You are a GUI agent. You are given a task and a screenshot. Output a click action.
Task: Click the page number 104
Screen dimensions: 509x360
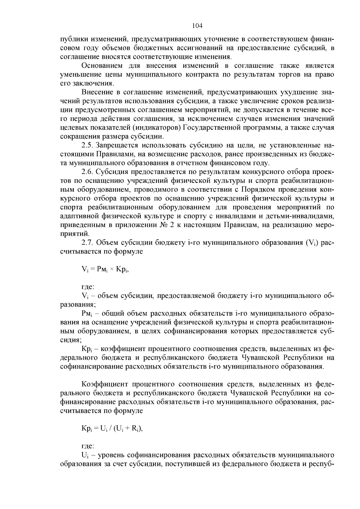[197, 26]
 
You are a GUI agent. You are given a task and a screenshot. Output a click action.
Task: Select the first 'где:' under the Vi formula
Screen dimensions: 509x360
[88, 287]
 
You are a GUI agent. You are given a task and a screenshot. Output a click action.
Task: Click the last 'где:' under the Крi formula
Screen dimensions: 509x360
[88, 446]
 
